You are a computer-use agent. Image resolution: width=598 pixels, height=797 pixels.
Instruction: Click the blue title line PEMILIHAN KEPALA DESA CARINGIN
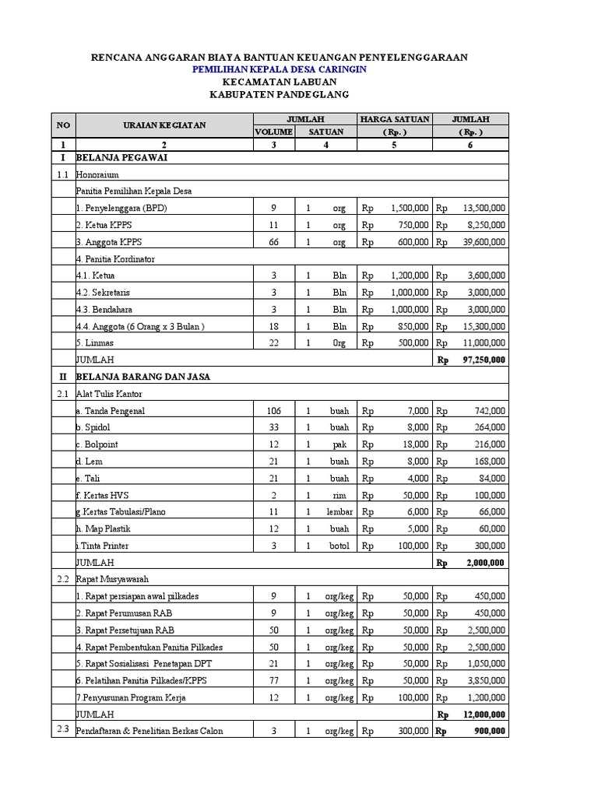click(280, 69)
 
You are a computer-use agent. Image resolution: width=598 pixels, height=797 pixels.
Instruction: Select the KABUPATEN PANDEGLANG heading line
click(280, 94)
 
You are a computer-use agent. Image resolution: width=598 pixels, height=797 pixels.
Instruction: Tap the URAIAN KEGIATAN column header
click(163, 125)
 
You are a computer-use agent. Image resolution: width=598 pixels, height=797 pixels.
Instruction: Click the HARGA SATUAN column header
click(394, 119)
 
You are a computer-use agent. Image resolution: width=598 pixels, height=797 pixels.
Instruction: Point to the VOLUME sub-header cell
click(273, 132)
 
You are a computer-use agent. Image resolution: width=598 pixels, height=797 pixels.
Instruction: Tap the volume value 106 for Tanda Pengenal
click(273, 411)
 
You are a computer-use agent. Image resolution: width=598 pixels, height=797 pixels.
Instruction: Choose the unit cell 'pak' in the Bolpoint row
click(339, 444)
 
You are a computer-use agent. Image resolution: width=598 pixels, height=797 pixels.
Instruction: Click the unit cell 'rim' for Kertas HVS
click(339, 495)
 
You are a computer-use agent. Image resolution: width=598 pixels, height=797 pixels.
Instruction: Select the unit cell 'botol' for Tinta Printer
click(339, 546)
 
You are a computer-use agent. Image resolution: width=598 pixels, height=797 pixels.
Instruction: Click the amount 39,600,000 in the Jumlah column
click(484, 242)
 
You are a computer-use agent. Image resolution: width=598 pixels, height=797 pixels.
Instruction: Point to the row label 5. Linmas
click(97, 343)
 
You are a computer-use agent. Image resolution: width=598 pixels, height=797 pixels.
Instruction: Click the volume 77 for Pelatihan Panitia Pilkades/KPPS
click(273, 681)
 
